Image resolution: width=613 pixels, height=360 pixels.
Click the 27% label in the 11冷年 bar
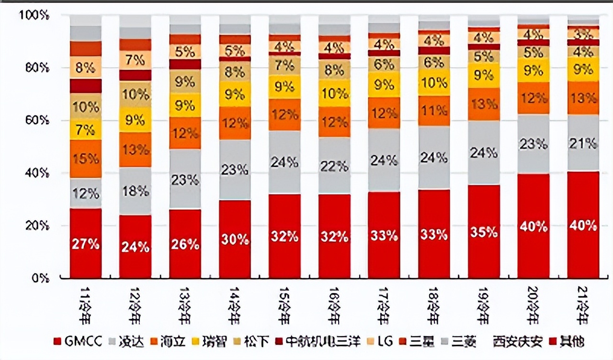click(86, 244)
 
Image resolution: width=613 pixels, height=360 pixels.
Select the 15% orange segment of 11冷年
click(86, 158)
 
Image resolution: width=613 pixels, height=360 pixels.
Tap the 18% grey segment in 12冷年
click(136, 191)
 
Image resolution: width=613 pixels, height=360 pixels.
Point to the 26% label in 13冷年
click(185, 244)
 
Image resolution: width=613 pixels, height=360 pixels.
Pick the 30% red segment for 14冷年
click(235, 239)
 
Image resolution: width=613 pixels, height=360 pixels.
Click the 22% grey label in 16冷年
click(335, 166)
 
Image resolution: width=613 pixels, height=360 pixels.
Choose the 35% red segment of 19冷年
click(484, 232)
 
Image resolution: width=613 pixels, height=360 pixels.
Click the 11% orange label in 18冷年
click(434, 111)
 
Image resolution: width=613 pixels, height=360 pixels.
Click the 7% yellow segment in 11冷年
click(86, 130)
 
